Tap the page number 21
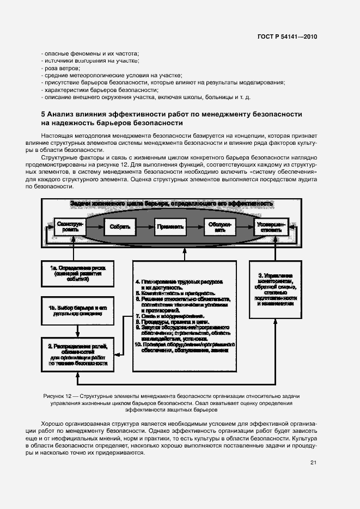tap(313, 463)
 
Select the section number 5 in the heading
tap(43, 114)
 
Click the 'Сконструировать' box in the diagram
tap(69, 226)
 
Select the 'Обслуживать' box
tap(219, 226)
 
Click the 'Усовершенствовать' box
tap(271, 226)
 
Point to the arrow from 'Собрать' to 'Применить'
tap(143, 226)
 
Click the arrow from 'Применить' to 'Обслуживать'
tap(194, 226)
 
